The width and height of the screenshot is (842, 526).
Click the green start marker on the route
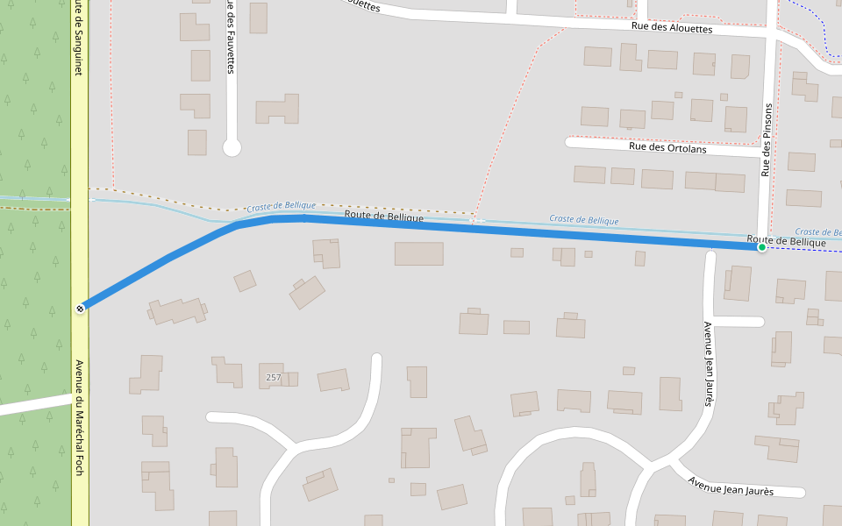[762, 247]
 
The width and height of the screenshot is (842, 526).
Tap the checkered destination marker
[81, 308]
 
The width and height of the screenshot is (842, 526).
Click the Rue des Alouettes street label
[672, 28]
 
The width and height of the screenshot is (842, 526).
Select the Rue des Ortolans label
[667, 147]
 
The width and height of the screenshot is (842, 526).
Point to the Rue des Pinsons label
[767, 140]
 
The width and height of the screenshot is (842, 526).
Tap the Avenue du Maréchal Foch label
[79, 417]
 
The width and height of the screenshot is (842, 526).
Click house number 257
[274, 377]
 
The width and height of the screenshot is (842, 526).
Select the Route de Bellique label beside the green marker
[786, 241]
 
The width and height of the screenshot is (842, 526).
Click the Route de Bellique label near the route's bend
[384, 215]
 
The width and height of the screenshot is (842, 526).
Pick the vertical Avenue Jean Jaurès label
[709, 364]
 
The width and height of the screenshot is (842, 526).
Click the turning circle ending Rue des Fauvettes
[232, 147]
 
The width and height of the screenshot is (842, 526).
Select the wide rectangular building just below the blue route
[418, 253]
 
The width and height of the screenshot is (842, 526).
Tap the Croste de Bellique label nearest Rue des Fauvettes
[281, 206]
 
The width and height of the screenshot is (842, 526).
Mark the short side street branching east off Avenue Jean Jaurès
[739, 322]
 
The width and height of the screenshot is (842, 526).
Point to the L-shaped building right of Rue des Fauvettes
[278, 110]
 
